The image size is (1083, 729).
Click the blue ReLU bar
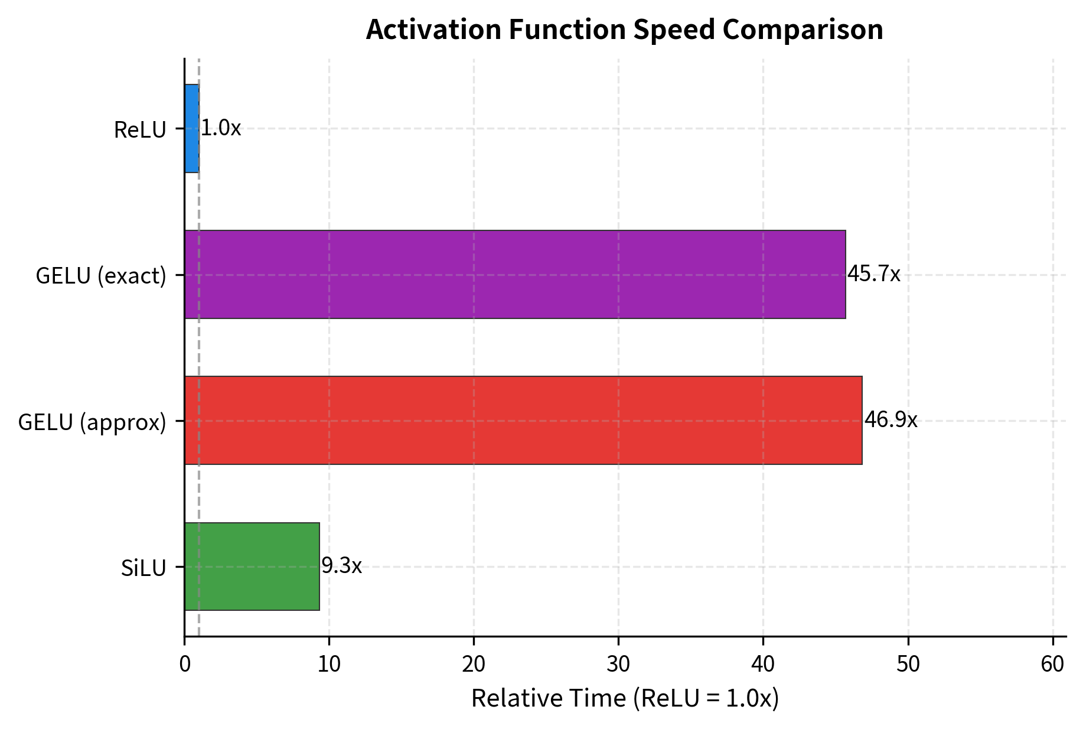click(x=191, y=128)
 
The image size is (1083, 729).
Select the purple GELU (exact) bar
click(x=514, y=274)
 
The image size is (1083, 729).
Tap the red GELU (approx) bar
click(x=523, y=420)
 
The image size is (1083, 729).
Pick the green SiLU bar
click(x=252, y=566)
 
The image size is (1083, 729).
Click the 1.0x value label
click(x=221, y=128)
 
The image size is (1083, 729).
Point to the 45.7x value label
click(x=873, y=274)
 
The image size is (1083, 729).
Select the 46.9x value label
click(x=890, y=420)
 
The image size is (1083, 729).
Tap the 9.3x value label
click(x=341, y=566)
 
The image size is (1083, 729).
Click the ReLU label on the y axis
click(x=140, y=130)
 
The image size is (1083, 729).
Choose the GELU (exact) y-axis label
click(x=101, y=276)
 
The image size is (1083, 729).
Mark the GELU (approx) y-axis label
click(x=92, y=422)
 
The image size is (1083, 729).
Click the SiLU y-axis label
click(x=143, y=568)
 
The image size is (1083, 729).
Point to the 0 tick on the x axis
click(x=184, y=665)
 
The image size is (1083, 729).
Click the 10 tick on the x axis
click(x=329, y=665)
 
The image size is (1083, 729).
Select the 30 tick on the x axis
click(x=618, y=665)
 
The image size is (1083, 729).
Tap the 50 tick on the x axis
click(x=908, y=665)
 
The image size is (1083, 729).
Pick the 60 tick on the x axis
click(x=1052, y=665)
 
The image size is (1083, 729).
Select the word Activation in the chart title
click(x=433, y=30)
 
